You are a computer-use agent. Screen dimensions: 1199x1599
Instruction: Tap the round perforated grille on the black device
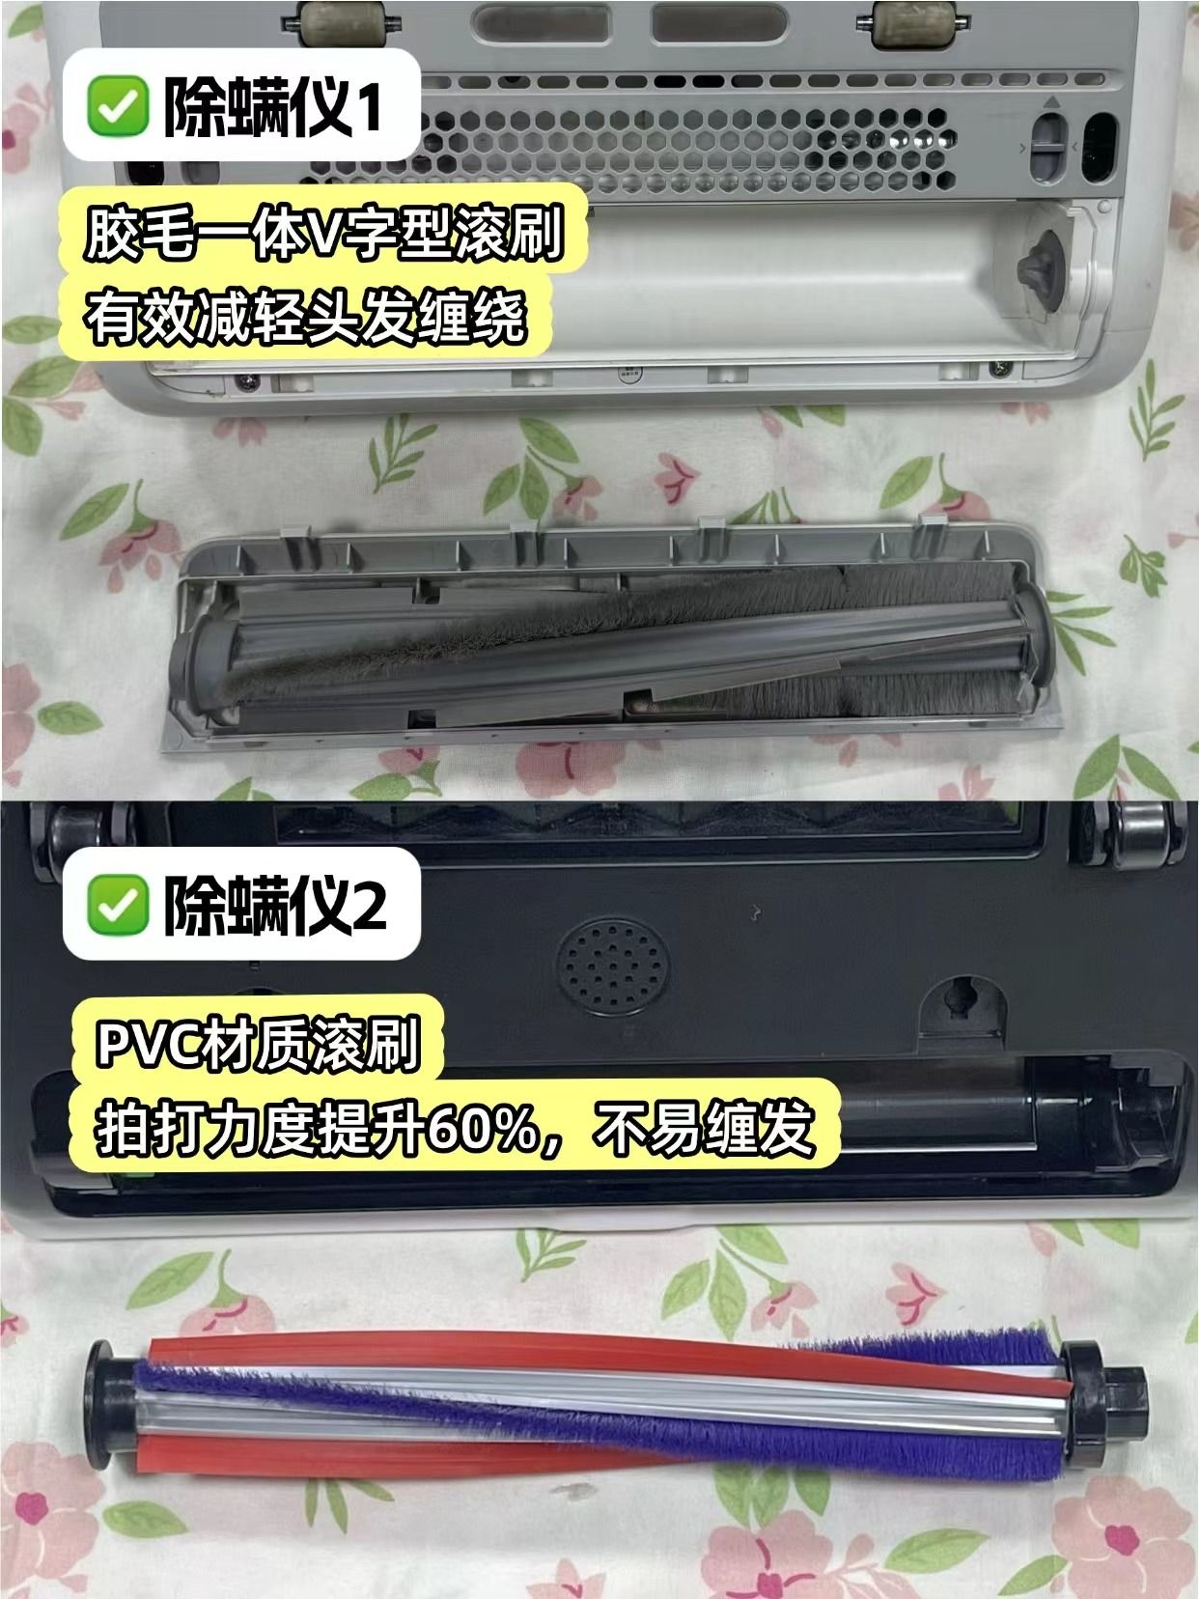tap(613, 966)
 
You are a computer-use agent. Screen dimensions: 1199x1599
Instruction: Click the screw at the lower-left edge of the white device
tap(248, 379)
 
